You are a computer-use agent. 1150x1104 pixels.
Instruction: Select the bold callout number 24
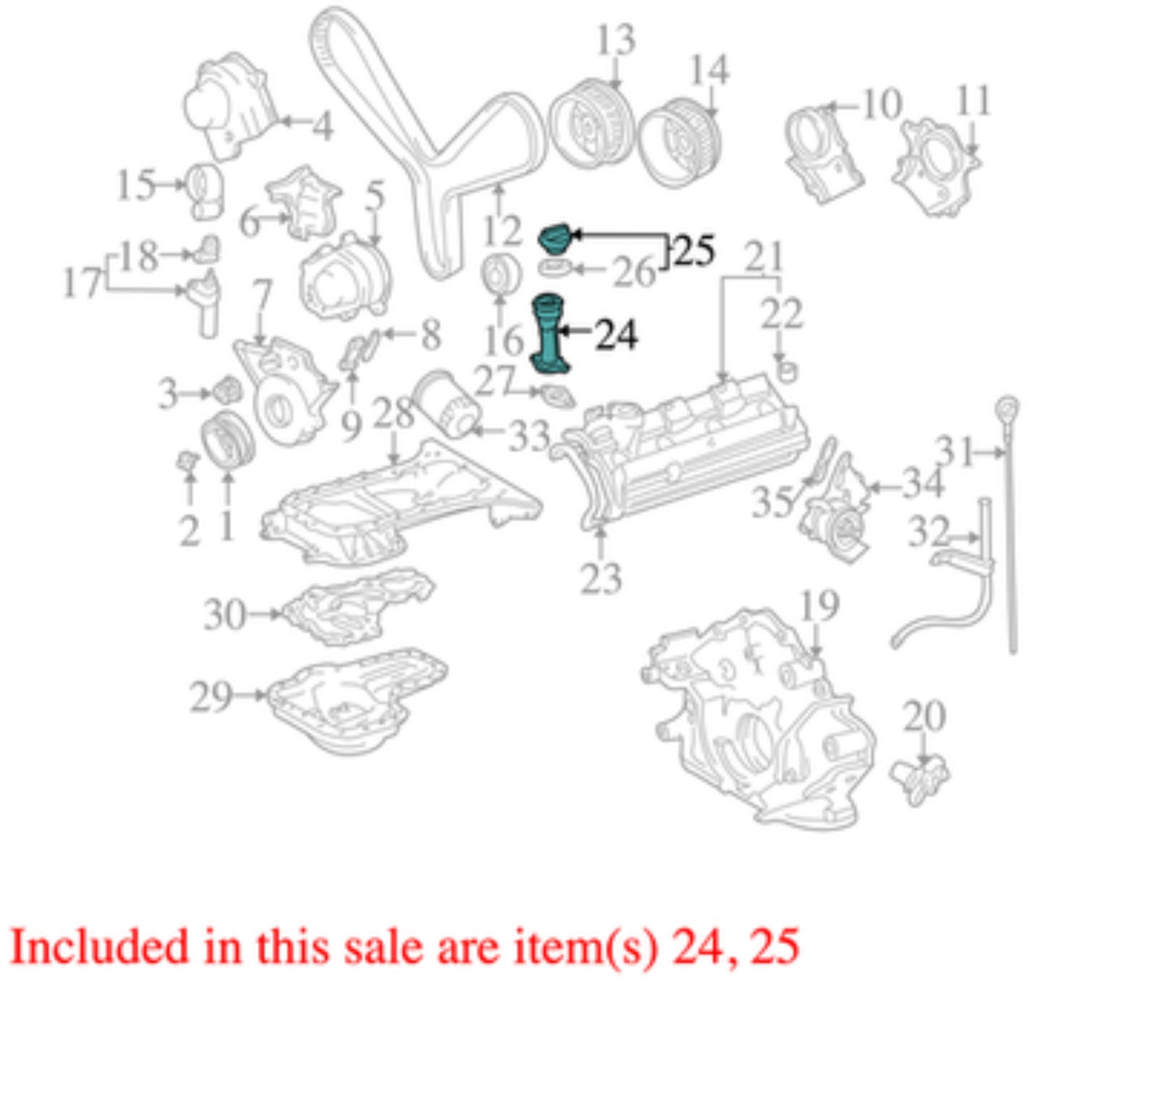(x=616, y=336)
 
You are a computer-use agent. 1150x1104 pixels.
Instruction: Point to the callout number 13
(x=616, y=39)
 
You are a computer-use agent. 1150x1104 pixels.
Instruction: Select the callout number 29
(x=211, y=696)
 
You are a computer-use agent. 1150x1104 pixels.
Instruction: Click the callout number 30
(x=224, y=614)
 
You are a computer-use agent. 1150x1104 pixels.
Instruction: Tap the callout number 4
(x=322, y=126)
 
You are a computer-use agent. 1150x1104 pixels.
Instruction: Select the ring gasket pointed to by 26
(x=555, y=267)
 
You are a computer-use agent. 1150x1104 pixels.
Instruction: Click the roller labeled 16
(x=501, y=275)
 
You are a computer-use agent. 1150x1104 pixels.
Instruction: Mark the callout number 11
(x=973, y=99)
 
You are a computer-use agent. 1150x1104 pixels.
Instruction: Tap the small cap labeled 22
(x=786, y=371)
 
